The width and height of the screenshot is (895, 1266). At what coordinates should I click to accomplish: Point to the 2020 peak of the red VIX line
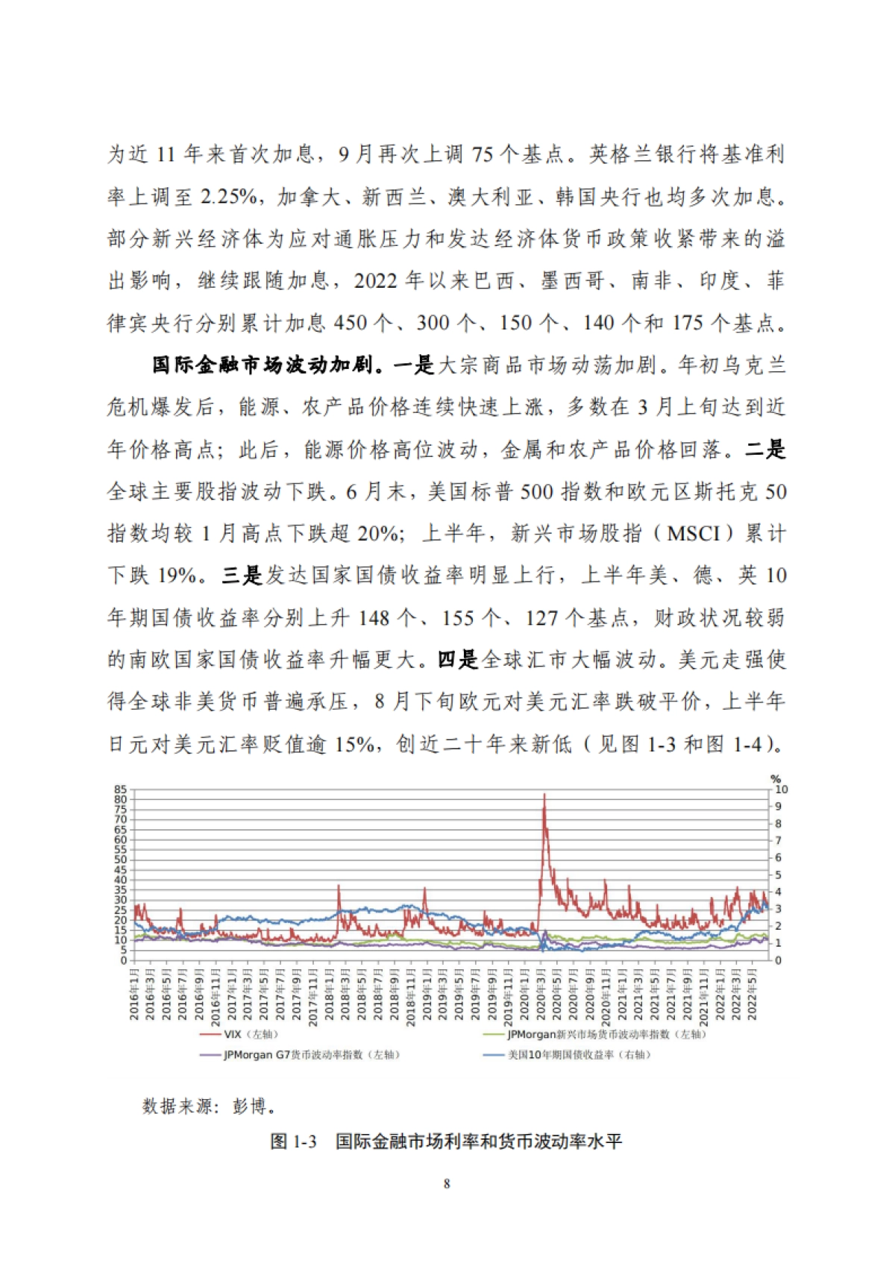click(x=544, y=795)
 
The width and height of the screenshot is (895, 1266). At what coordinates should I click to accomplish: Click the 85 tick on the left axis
click(x=121, y=790)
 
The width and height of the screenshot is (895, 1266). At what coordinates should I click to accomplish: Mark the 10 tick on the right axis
click(x=781, y=790)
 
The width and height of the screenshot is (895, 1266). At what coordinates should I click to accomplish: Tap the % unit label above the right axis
click(x=776, y=779)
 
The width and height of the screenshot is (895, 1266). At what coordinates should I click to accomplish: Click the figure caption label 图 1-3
click(x=294, y=1141)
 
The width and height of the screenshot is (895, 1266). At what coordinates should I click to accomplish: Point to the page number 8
click(x=447, y=1184)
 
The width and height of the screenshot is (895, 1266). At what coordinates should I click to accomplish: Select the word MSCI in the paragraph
click(x=694, y=534)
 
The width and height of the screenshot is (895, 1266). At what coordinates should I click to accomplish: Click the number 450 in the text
click(x=351, y=323)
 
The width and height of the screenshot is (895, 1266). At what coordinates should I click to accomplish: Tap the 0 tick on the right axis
click(x=778, y=960)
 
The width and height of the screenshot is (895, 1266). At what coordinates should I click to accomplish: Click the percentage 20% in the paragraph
click(x=379, y=534)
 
